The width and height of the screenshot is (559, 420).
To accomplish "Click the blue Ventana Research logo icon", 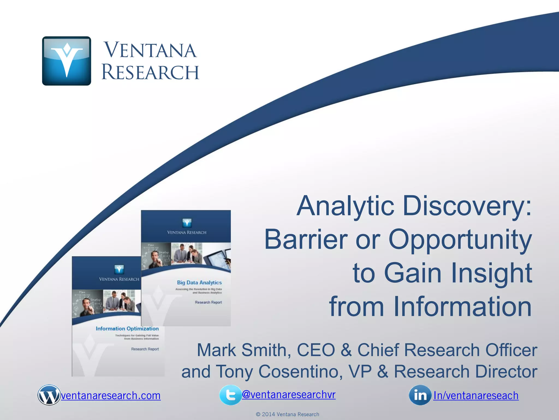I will [x=66, y=61].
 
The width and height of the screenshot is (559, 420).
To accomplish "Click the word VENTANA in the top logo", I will [x=150, y=50].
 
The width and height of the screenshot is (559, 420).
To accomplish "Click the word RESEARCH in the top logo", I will [x=150, y=72].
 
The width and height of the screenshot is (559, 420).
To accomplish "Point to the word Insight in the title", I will [x=491, y=273].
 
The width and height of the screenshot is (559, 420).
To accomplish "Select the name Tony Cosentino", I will [x=279, y=372].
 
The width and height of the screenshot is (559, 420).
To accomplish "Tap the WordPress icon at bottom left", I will [x=49, y=395].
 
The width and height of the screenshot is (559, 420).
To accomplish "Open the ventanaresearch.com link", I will [x=111, y=396].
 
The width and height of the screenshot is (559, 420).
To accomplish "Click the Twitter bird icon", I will [x=230, y=395].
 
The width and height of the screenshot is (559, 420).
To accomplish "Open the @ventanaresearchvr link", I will [x=289, y=394].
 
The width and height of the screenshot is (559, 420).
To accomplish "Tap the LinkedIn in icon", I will [x=420, y=395].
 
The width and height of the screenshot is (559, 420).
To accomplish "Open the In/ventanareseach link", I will [x=476, y=396].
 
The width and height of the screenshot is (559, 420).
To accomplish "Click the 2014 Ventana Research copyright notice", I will [x=287, y=414].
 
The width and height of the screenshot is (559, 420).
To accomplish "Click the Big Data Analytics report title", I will [x=199, y=282].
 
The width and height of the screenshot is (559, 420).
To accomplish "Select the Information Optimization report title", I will [x=127, y=328].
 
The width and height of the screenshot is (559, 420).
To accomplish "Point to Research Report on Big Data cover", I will [x=208, y=302].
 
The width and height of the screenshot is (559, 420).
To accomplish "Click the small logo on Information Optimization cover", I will [x=119, y=269].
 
